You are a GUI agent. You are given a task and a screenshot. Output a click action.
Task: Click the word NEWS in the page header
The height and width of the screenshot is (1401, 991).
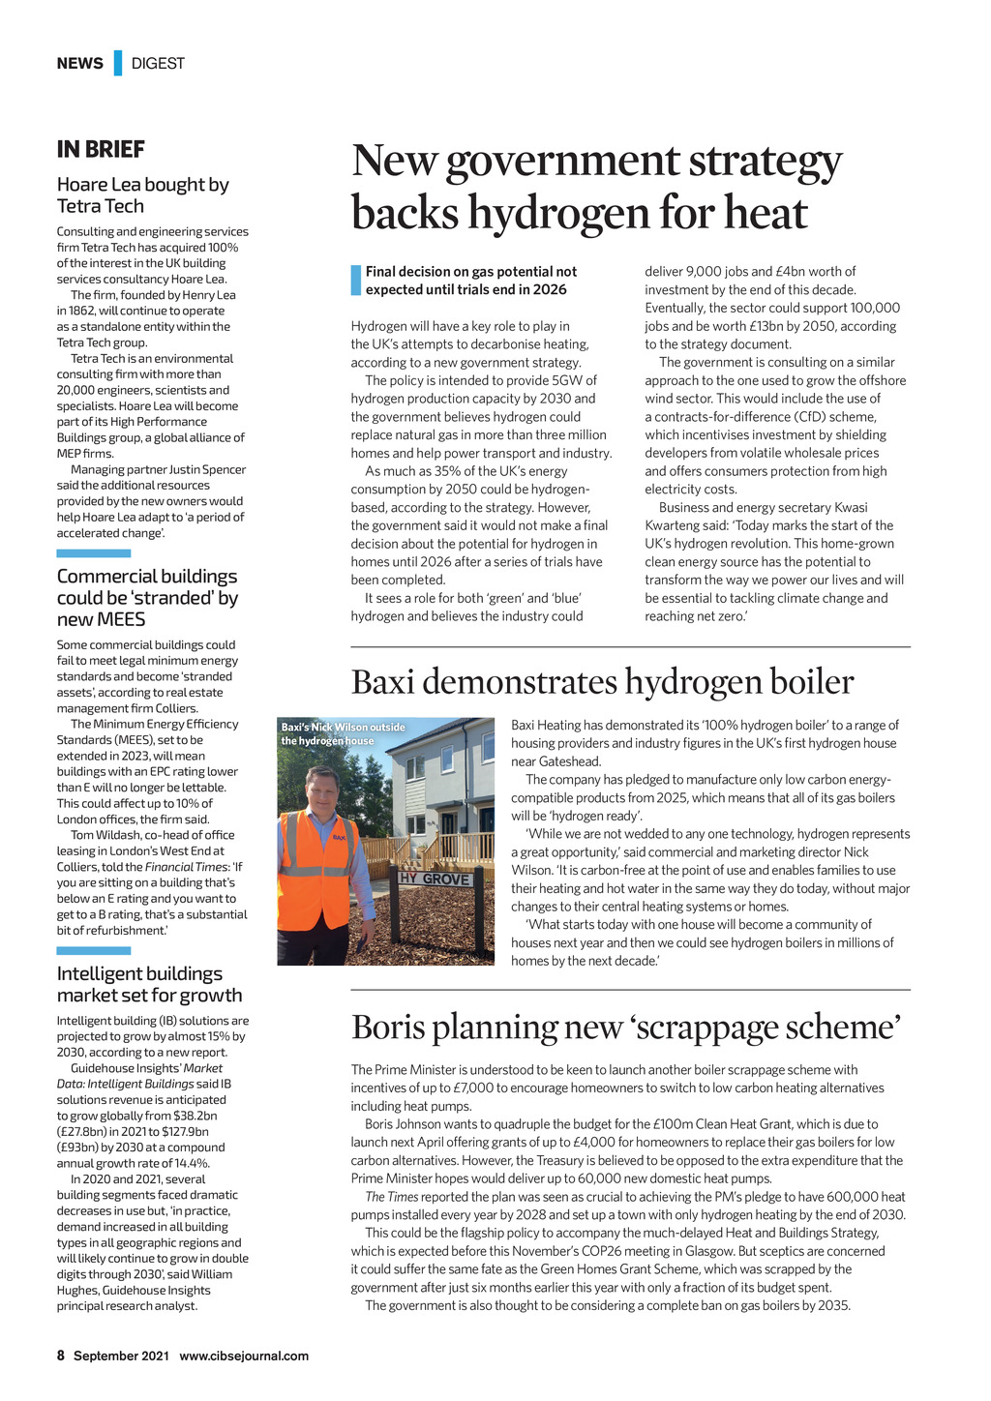[x=79, y=64]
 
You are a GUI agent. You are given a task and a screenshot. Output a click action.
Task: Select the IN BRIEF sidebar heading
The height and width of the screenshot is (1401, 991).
[x=101, y=150]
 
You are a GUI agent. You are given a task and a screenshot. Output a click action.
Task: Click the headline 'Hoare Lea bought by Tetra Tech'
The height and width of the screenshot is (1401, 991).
[x=142, y=195]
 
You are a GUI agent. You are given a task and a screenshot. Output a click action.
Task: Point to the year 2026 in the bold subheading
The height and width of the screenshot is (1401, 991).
[x=550, y=289]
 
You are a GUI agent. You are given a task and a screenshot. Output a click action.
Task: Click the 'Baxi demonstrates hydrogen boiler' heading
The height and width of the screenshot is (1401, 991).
[x=602, y=682]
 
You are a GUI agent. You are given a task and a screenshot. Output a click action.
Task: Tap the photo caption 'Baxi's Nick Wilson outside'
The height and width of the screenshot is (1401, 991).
[x=343, y=728]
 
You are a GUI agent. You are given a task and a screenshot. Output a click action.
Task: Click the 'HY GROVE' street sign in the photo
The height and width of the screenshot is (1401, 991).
[x=435, y=879]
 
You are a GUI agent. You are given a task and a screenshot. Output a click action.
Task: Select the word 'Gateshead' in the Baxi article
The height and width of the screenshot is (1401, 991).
[x=568, y=761]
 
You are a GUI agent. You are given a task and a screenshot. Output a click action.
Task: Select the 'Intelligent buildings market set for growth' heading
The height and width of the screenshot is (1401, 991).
[x=149, y=985]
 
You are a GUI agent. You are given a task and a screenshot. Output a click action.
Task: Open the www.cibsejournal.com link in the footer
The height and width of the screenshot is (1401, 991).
[x=244, y=1356]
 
